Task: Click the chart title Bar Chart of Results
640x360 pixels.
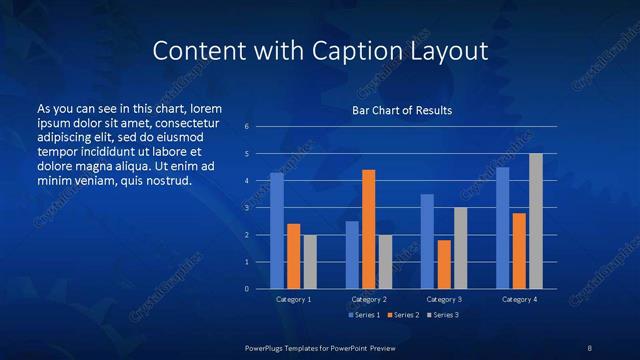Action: pyautogui.click(x=402, y=110)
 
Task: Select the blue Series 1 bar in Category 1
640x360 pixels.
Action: pyautogui.click(x=277, y=231)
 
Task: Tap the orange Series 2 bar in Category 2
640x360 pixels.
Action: pyautogui.click(x=369, y=229)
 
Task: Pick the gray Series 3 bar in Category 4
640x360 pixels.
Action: pyautogui.click(x=536, y=221)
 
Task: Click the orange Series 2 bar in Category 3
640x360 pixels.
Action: pyautogui.click(x=444, y=264)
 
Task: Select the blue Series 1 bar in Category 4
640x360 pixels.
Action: pyautogui.click(x=503, y=228)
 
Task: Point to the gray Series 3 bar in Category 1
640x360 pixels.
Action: pyautogui.click(x=310, y=262)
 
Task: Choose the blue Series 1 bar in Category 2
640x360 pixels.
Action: pyautogui.click(x=352, y=255)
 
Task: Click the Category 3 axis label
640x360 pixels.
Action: pyautogui.click(x=444, y=299)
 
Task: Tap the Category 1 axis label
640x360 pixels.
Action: pyautogui.click(x=293, y=299)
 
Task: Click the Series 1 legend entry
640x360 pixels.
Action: pyautogui.click(x=363, y=315)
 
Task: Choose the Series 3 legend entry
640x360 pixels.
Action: pyautogui.click(x=443, y=315)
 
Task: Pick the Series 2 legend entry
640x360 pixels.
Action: pyautogui.click(x=403, y=315)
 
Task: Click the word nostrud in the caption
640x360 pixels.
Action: pyautogui.click(x=167, y=181)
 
